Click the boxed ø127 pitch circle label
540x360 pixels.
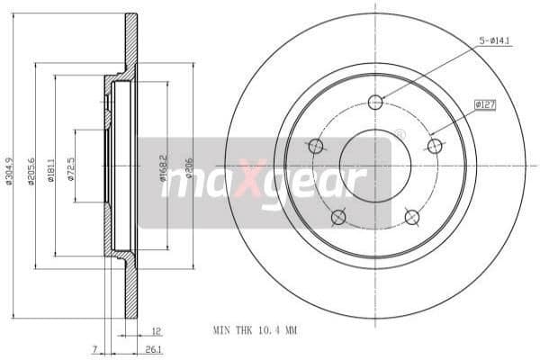pos(486,104)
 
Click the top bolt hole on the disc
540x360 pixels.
pos(375,102)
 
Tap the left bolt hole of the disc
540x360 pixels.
pos(316,146)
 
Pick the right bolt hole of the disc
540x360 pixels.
pos(435,146)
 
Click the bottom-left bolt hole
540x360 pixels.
pos(338,217)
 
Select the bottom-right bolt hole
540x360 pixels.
pos(412,217)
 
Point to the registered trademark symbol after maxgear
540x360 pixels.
pos(400,135)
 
